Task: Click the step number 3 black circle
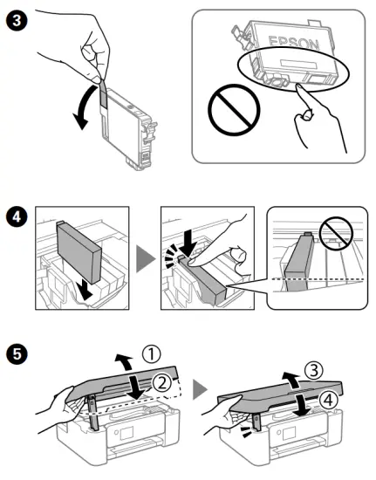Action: tap(17, 21)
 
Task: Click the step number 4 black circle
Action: tap(17, 216)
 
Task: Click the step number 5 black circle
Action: tap(17, 353)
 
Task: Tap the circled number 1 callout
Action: tap(152, 354)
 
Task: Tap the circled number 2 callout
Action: tap(161, 383)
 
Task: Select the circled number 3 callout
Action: tap(314, 370)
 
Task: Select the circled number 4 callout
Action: tap(329, 400)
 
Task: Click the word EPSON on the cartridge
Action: tap(294, 44)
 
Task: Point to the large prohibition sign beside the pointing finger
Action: tap(234, 110)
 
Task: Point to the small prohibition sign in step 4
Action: tap(336, 233)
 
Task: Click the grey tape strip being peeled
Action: tap(104, 93)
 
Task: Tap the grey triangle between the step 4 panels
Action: tap(145, 258)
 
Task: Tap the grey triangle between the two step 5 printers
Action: tap(200, 389)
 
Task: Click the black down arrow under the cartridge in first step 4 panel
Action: tap(85, 291)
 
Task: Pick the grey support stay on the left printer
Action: tap(93, 413)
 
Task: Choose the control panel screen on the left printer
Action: tap(126, 433)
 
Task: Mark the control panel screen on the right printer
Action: tap(290, 434)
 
